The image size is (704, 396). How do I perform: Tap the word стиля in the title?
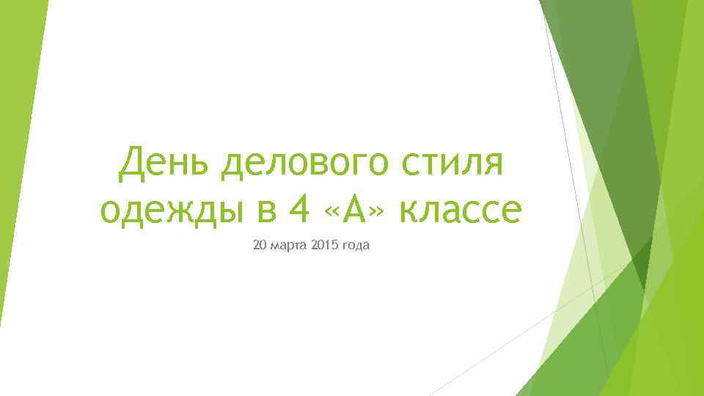tap(455, 163)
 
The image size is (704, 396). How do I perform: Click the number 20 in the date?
tap(260, 244)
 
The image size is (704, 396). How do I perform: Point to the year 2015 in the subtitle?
tap(323, 244)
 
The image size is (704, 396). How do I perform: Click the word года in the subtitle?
tap(356, 245)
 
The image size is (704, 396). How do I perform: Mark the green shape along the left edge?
tap(18, 147)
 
